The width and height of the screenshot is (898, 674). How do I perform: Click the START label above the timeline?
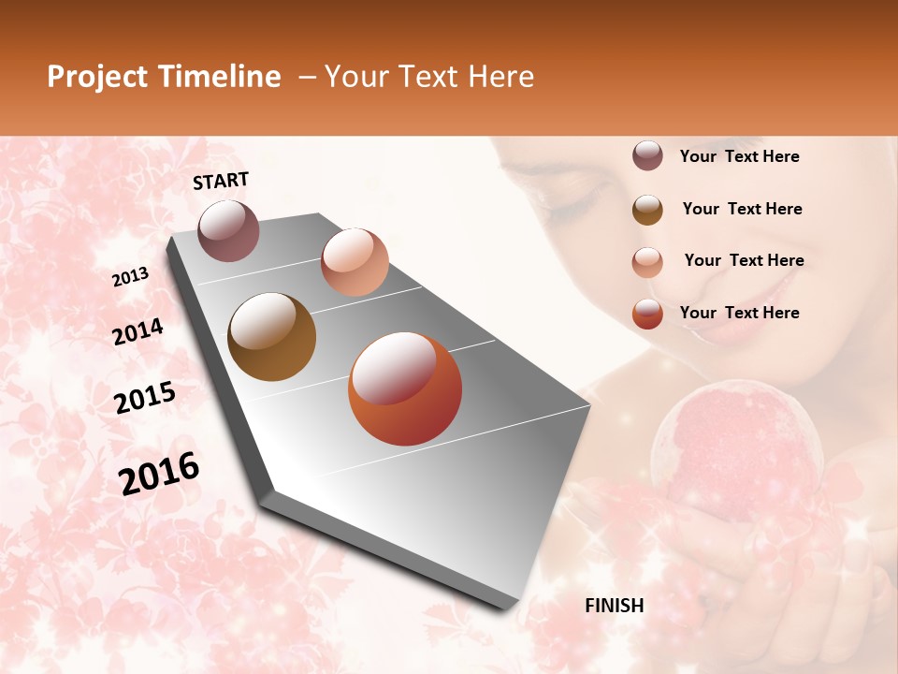tap(221, 181)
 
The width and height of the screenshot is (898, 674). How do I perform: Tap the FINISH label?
tap(615, 606)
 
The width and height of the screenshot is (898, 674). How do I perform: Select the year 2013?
tap(131, 276)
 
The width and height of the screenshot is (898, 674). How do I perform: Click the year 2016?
tap(159, 473)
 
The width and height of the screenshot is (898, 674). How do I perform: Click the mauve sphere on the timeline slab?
tap(228, 231)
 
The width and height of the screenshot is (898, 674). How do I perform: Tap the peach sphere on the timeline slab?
tap(355, 262)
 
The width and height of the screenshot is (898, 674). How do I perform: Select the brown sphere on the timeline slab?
tap(272, 337)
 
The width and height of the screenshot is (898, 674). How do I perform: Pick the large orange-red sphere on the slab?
tap(405, 388)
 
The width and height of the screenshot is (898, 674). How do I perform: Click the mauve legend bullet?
tap(647, 156)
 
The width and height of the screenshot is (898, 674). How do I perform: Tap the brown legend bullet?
tap(647, 210)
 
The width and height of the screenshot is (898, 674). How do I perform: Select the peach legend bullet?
tap(647, 261)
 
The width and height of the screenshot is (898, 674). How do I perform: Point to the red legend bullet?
tap(647, 314)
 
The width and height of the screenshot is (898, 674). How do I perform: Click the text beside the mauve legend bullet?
tap(739, 156)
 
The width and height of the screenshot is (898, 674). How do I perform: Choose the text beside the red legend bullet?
tap(739, 313)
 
